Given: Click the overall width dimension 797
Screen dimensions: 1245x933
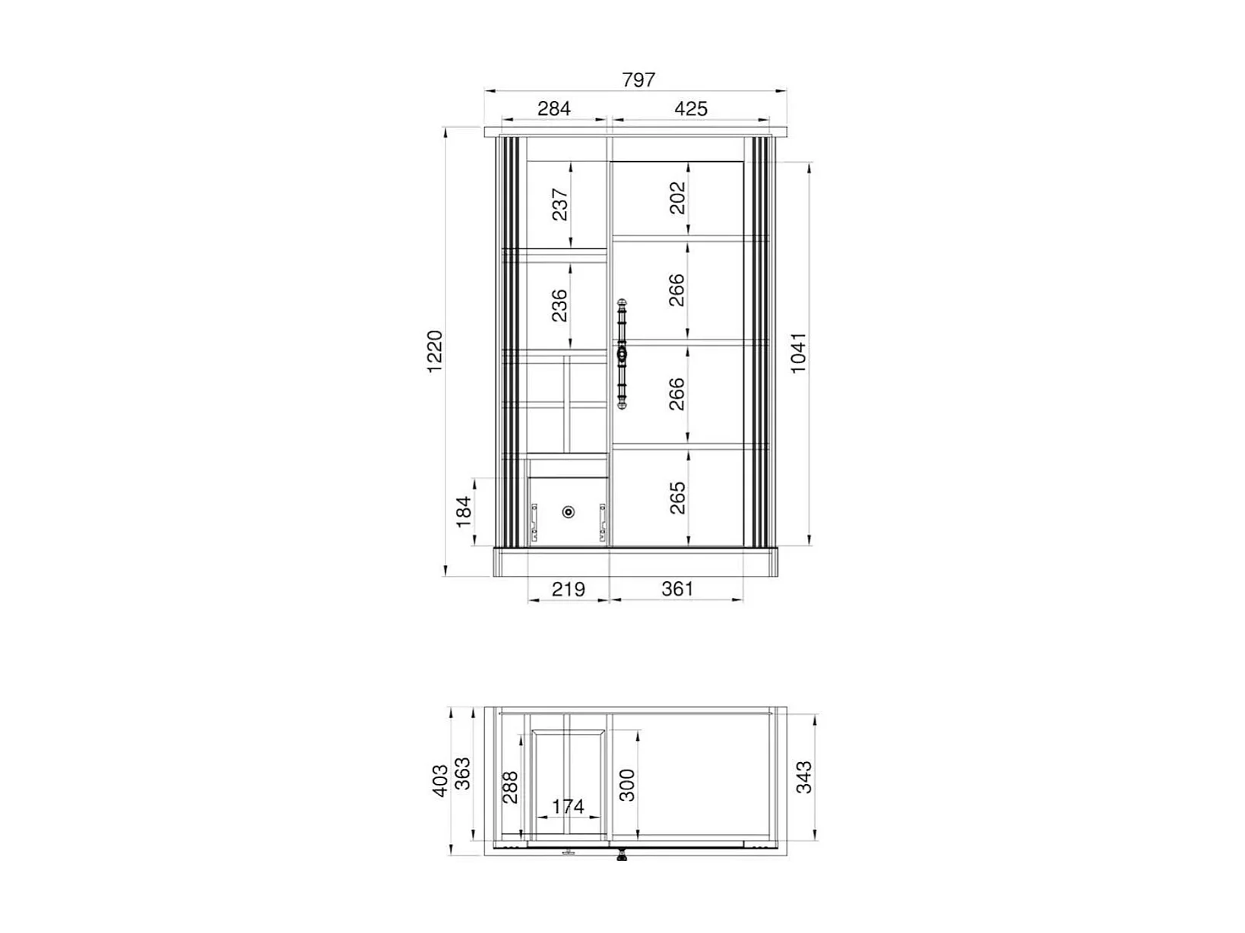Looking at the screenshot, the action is coord(638,80).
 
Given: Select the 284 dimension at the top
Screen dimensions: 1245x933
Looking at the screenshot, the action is coord(553,108).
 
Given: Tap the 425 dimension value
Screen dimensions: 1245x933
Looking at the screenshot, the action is coord(690,108).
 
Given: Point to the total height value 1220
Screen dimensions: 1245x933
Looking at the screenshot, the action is coord(435,352).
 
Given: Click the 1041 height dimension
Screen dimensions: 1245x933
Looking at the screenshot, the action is coord(797,353).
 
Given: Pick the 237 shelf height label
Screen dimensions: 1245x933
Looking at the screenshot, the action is coord(560,204).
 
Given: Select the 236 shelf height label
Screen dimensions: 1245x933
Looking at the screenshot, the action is coord(559,305).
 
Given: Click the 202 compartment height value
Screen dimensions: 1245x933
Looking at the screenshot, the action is coord(677,198).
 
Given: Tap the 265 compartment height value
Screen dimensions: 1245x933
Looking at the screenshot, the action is coord(677,498).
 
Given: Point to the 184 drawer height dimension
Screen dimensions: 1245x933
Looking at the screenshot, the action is coord(464,511).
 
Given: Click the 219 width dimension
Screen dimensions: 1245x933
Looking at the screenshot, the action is coord(568,590).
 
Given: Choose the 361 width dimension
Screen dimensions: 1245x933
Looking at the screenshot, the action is coord(677,590).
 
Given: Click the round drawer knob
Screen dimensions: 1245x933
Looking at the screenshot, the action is coord(569,512).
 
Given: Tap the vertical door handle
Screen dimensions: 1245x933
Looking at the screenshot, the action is coord(622,354).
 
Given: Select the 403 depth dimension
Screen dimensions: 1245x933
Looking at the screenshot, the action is coord(440,780).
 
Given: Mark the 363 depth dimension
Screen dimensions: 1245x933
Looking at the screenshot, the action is coord(463,773).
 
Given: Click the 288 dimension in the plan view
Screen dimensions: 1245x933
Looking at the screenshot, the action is coord(510,787).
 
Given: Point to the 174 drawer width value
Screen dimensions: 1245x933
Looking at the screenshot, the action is coord(568,806).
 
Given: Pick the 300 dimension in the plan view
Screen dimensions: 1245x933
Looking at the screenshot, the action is coord(627,785).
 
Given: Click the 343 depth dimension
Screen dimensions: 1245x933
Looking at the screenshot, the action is coord(803,777).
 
